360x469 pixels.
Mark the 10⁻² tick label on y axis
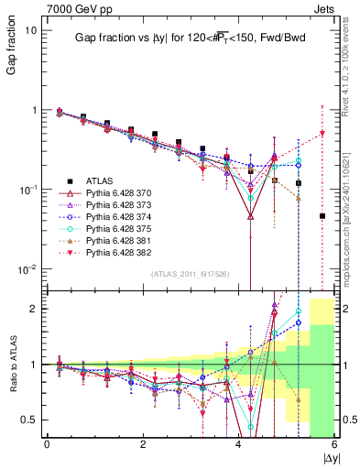[27, 269]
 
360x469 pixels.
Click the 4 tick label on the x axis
[239, 444]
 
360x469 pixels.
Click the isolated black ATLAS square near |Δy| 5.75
[322, 216]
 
